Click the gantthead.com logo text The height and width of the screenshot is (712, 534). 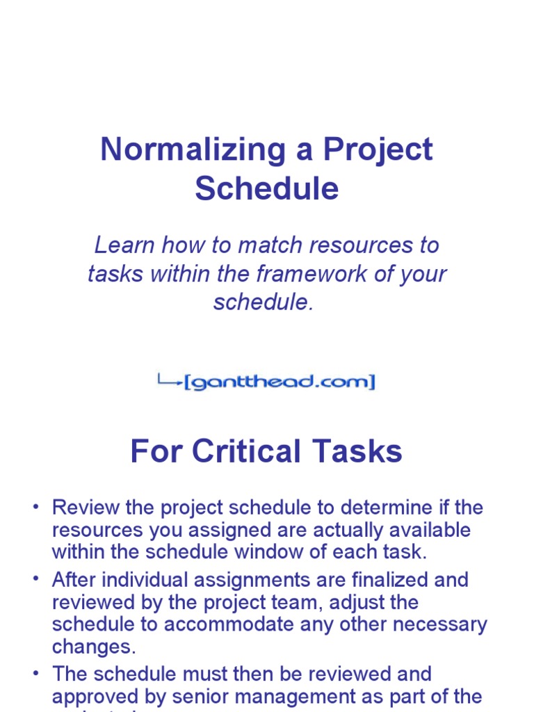[x=280, y=382]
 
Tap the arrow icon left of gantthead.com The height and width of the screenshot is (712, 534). [x=170, y=380]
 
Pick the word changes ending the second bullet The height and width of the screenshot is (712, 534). [x=91, y=647]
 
